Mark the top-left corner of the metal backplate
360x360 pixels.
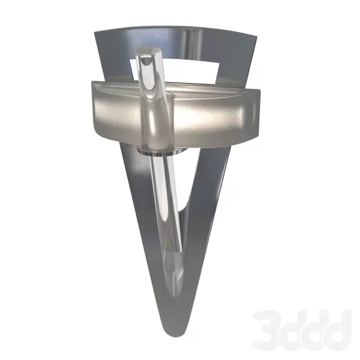point(94,31)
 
